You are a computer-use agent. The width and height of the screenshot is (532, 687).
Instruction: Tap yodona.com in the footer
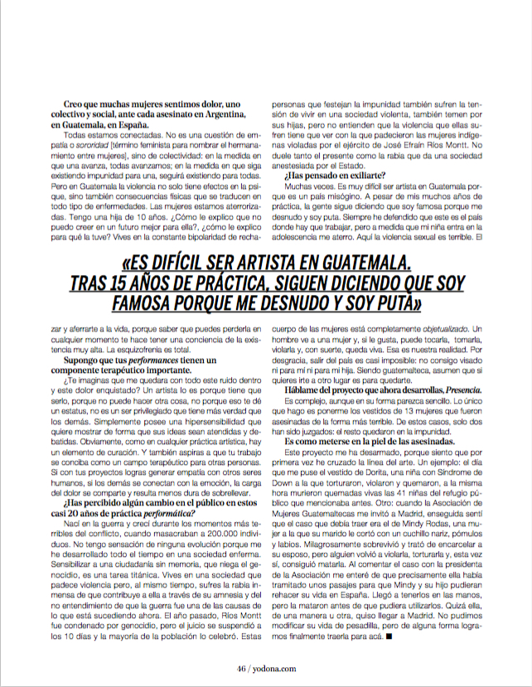tap(274, 665)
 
